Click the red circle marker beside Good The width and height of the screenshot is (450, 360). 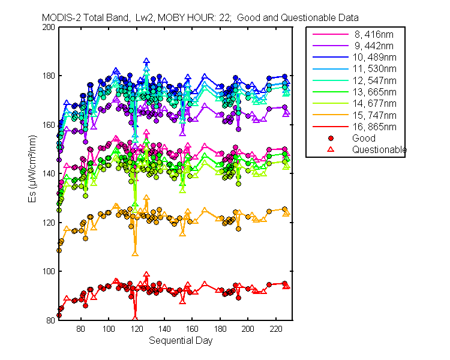coord(331,139)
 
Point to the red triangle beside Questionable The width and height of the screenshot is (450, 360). coord(331,149)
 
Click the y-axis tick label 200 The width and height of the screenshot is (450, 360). coord(49,27)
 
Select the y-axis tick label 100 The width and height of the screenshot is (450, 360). coord(49,271)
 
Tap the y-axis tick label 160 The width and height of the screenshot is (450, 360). coord(49,125)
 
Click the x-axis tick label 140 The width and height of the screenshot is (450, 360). coord(164,329)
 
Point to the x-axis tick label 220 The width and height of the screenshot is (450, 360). coord(276,329)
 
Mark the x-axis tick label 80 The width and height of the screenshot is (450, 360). coord(80,329)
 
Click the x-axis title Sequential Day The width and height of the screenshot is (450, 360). coord(181,341)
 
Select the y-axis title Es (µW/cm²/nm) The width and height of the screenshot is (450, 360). coord(32,169)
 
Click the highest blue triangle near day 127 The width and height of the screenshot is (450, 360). coord(146,61)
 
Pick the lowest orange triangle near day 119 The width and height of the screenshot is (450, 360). coord(135,254)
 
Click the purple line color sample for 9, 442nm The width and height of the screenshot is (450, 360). coord(331,46)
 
